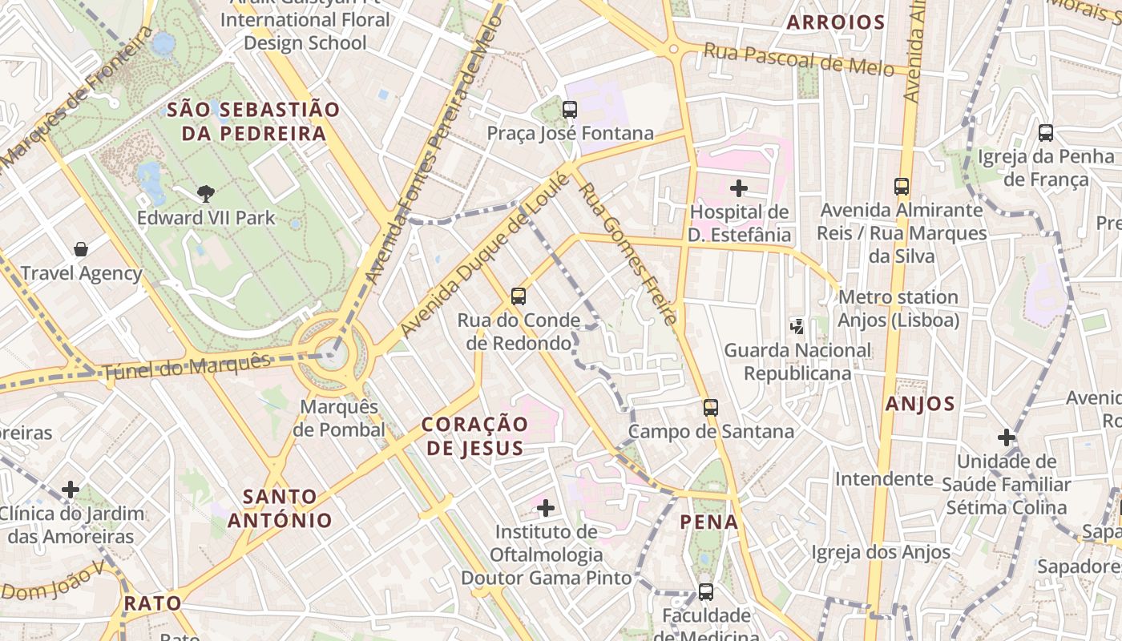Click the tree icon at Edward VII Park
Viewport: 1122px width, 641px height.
point(206,193)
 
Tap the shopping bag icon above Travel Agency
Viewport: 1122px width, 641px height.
point(81,249)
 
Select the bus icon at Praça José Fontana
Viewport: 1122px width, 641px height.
point(570,110)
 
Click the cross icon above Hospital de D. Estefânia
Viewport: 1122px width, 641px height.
point(739,189)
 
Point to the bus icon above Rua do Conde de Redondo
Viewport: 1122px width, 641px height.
point(519,296)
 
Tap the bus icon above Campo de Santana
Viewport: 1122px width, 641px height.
point(710,408)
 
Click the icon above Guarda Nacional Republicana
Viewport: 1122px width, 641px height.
point(797,326)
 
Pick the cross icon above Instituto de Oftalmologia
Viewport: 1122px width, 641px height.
point(546,508)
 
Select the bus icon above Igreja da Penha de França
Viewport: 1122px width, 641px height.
point(1046,133)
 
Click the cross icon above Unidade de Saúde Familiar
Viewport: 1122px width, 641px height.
point(1007,437)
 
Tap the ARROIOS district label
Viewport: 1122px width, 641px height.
point(836,22)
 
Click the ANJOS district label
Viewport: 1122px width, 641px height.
point(920,404)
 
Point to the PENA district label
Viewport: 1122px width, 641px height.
point(709,522)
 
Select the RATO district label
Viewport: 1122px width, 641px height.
point(152,603)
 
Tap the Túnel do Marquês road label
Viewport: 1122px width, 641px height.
point(187,367)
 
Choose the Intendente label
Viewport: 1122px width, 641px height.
point(884,479)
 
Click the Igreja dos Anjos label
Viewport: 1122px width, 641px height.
point(881,552)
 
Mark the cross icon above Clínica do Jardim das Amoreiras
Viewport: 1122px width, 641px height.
point(71,490)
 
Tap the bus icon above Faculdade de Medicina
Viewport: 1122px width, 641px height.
point(706,592)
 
